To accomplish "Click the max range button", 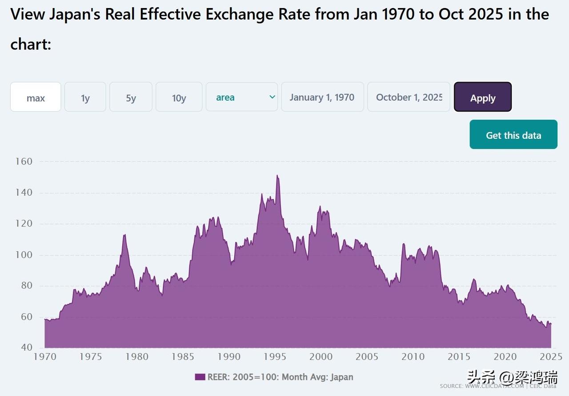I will tap(36, 97).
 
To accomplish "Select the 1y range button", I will tap(85, 97).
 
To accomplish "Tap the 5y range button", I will tap(131, 97).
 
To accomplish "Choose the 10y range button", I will tap(179, 97).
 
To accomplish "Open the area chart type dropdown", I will tap(242, 97).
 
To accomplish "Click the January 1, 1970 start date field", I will tap(322, 97).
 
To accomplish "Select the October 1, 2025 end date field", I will tap(409, 97).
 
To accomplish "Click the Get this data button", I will tap(513, 134).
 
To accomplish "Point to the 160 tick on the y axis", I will tap(24, 162).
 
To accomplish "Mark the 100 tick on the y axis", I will tap(24, 255).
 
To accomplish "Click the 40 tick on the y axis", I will tap(27, 348).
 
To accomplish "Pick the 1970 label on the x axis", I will tap(45, 356).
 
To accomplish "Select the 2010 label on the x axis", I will tap(413, 356).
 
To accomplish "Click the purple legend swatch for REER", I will tap(200, 377).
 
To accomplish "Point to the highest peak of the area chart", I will tap(277, 175).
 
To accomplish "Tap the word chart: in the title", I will tap(31, 44).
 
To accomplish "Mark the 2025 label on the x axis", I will tap(550, 356).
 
